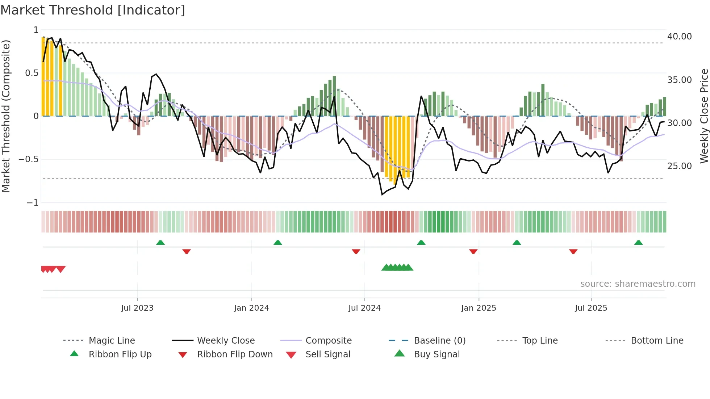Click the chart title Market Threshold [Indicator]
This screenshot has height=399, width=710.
pyautogui.click(x=93, y=10)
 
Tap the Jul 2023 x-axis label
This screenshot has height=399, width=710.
pyautogui.click(x=137, y=308)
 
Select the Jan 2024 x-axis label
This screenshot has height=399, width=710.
pyautogui.click(x=251, y=308)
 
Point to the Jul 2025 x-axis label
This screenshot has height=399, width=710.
pyautogui.click(x=591, y=308)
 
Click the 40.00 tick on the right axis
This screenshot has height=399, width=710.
pyautogui.click(x=679, y=37)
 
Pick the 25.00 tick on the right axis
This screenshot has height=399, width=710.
pyautogui.click(x=679, y=166)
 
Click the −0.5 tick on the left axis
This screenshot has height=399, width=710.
pyautogui.click(x=29, y=159)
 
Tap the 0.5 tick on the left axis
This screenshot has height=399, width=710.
pyautogui.click(x=32, y=73)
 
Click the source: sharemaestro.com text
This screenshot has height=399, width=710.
pyautogui.click(x=638, y=283)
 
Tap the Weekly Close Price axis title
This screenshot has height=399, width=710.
pyautogui.click(x=704, y=116)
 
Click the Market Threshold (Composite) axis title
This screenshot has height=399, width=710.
pyautogui.click(x=6, y=116)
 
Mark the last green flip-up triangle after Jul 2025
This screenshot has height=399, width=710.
pyautogui.click(x=638, y=243)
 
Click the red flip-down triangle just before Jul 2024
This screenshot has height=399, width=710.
pyautogui.click(x=356, y=251)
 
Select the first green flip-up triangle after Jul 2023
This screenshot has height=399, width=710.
pyautogui.click(x=160, y=243)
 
